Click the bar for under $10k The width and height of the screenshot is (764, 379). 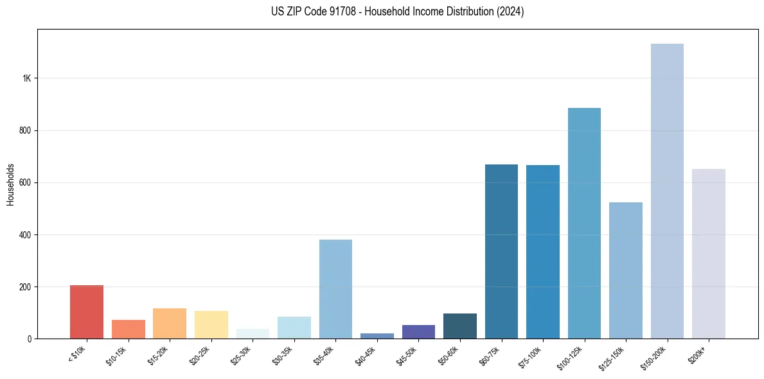point(87,312)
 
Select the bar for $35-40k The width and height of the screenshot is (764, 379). point(335,289)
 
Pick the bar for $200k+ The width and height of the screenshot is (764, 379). point(709,254)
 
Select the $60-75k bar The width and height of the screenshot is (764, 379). point(501,251)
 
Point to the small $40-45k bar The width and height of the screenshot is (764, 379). point(377,335)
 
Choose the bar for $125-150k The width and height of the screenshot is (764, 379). point(626,270)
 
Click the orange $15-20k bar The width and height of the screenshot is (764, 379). point(170,323)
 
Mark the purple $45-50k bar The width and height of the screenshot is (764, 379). point(418,331)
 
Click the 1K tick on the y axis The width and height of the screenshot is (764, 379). point(26,78)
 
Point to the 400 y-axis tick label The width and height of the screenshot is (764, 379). point(25,235)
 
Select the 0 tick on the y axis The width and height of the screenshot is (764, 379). point(30,339)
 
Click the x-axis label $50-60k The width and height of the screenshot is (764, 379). point(448,354)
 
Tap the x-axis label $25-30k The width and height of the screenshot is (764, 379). point(241,354)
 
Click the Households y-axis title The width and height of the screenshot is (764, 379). point(10,184)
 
